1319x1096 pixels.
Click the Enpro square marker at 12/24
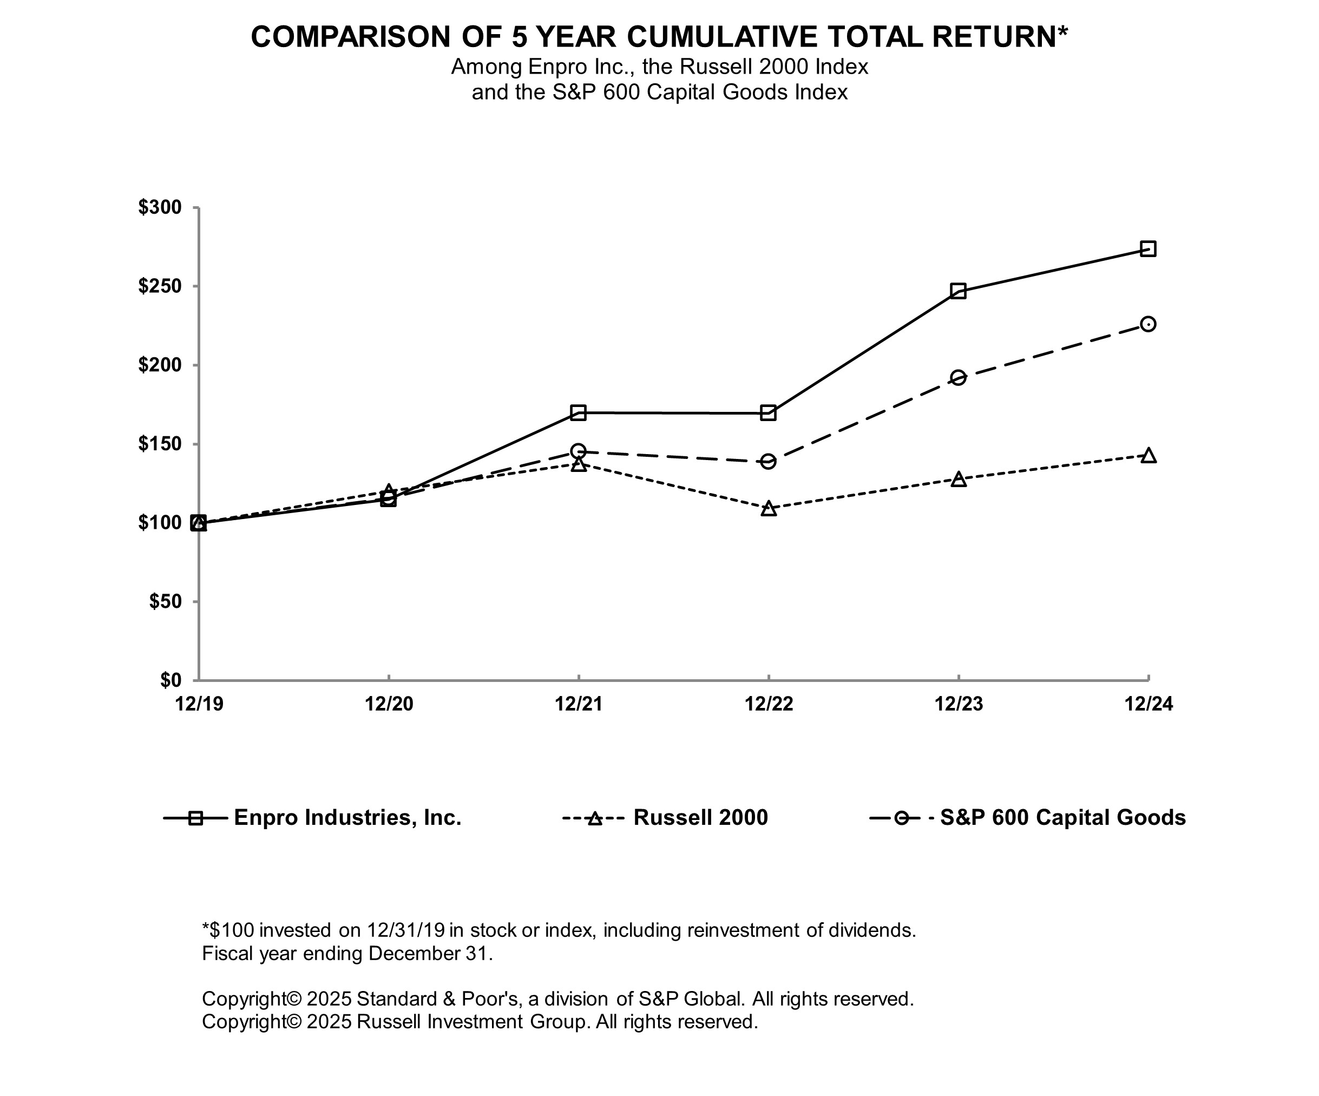tap(1147, 249)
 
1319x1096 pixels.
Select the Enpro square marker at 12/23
tap(958, 291)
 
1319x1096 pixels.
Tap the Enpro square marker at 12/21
tap(579, 412)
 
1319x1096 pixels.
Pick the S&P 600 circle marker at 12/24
tap(1147, 324)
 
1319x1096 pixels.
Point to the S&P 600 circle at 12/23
tap(958, 377)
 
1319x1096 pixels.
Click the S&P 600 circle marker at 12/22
tap(768, 462)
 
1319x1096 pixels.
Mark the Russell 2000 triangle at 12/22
tap(768, 509)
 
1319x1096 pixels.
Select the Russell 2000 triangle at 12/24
tap(1148, 455)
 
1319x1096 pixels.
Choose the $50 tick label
tap(165, 602)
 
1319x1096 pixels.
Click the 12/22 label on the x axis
tap(769, 704)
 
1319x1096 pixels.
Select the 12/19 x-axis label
tap(199, 704)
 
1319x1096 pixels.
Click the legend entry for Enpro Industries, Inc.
tap(347, 818)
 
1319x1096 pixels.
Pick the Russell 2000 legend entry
tap(700, 818)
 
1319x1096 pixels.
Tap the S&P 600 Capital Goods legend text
tap(1063, 818)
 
